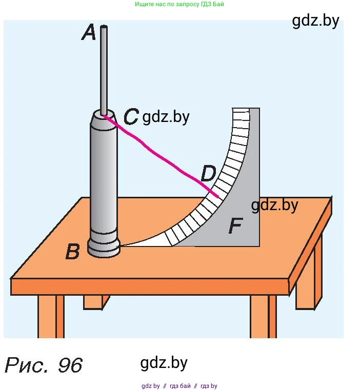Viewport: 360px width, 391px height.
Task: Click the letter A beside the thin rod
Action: (89, 33)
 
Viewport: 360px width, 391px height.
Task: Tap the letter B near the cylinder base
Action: (73, 252)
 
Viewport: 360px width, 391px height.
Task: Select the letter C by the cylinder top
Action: (131, 117)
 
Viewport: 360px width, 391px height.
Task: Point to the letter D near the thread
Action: (208, 174)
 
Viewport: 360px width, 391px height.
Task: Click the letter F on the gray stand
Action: (235, 226)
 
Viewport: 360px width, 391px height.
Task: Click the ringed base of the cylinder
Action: (104, 248)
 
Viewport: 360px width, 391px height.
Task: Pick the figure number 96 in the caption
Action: (70, 365)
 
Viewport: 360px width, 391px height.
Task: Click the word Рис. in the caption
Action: (27, 365)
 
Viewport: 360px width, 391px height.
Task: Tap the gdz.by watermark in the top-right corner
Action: (315, 20)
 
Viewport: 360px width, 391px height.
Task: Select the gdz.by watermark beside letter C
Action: (166, 117)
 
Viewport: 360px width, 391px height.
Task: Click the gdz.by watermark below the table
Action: (164, 363)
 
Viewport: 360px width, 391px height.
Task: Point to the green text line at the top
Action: (179, 4)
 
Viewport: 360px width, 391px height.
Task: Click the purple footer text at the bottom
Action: (179, 386)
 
